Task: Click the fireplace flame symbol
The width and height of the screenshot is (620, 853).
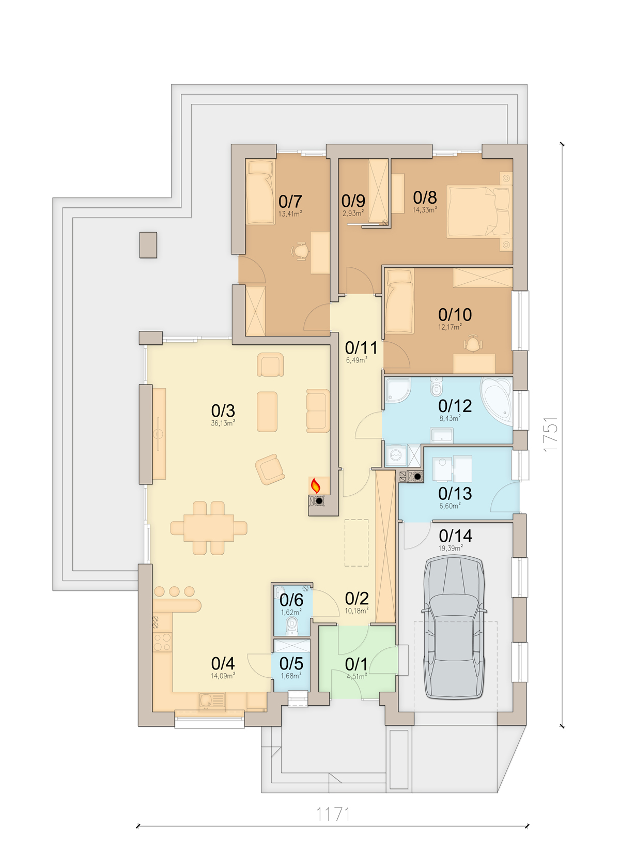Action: coord(315,486)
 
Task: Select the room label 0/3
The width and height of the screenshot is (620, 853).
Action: coord(223,411)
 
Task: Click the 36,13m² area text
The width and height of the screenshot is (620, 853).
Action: coord(223,423)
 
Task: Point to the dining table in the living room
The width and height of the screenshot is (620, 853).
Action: coord(209,528)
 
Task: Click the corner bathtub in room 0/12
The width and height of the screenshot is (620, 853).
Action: coord(497,398)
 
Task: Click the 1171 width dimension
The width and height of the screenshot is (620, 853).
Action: coord(333,814)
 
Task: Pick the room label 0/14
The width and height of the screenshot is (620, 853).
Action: coord(455,536)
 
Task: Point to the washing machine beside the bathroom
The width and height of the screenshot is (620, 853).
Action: coord(396,455)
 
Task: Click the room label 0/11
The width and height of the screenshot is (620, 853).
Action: coord(361,348)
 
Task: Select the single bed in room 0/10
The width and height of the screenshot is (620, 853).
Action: coord(400,301)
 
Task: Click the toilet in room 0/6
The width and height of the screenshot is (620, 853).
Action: coord(292,626)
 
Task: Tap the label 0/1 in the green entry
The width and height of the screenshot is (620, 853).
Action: coord(357,664)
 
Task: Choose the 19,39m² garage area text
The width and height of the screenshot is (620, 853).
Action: coord(451,548)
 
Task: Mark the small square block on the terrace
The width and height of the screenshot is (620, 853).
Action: coord(148,245)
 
